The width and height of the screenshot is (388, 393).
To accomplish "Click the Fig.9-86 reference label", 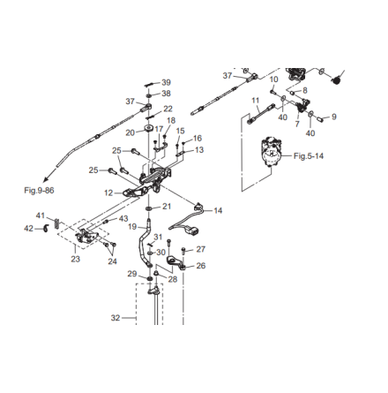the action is tap(39, 191).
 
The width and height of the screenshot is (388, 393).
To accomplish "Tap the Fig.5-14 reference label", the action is tap(309, 155).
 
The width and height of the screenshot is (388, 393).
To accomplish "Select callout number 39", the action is tap(166, 82).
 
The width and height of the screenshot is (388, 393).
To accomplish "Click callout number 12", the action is tap(108, 193).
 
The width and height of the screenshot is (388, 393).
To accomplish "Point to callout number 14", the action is tap(218, 210).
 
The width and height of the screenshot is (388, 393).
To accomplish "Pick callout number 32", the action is tap(116, 318).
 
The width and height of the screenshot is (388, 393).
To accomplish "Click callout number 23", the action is tap(75, 259).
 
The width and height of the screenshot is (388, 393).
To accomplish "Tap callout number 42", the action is tap(28, 229).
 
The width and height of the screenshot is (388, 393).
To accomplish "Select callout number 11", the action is tap(256, 101).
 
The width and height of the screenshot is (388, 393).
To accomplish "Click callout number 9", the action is tap(334, 117).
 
